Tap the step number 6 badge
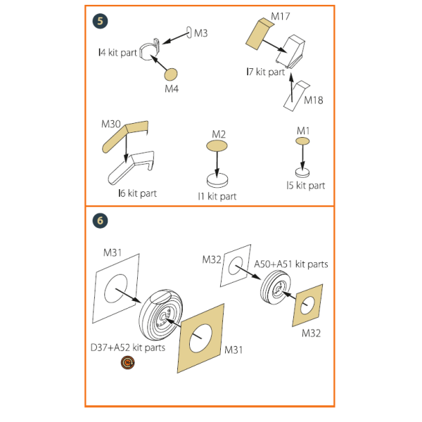coord(101,220)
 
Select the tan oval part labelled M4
coord(172,74)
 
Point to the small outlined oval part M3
coord(188,32)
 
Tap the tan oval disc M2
coord(217,146)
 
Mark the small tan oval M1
coord(302,142)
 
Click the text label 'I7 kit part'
coord(264,72)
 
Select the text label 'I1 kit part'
coord(217,196)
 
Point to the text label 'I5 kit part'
coord(305,186)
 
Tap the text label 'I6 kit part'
coord(137,193)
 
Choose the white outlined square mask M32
coord(235,265)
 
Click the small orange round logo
coord(128,362)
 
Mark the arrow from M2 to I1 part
coord(217,162)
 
